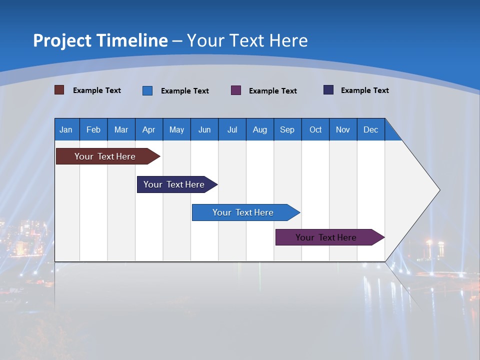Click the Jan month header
pos(66,129)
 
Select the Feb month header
pos(93,129)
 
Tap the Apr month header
pos(148,129)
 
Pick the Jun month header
pos(204,129)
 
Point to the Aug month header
pos(259,129)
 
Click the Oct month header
pos(315,129)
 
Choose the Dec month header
pos(370,129)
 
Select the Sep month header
pos(287,129)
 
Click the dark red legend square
pos(59,90)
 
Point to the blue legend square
pos(147,90)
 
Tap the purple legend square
pos(236,90)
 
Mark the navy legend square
pos(328,90)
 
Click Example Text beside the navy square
pos(364,90)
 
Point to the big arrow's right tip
pos(438,190)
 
